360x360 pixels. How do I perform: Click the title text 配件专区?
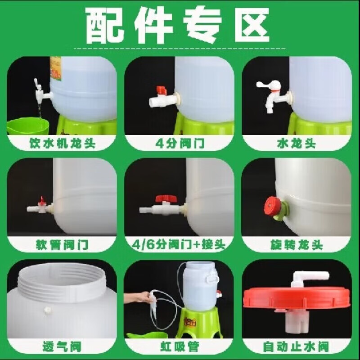point(177,25)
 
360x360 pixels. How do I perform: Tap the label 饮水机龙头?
point(62,143)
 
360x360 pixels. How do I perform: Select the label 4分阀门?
point(180,144)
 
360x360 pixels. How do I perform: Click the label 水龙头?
point(296,144)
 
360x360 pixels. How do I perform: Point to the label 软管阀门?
point(62,245)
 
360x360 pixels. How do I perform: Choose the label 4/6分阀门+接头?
point(179,245)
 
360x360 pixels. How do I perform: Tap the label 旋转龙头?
point(297,245)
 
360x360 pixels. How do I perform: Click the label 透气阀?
point(62,346)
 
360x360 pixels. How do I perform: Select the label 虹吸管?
point(180,346)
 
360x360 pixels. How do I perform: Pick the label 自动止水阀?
point(296,346)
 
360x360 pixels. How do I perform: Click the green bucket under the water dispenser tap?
point(27,126)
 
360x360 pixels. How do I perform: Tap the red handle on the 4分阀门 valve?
point(162,90)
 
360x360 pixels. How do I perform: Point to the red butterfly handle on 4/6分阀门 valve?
point(165,198)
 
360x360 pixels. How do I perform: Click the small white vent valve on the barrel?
point(47,310)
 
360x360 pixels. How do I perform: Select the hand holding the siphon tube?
point(139,297)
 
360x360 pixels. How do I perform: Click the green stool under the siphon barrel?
point(199,323)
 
